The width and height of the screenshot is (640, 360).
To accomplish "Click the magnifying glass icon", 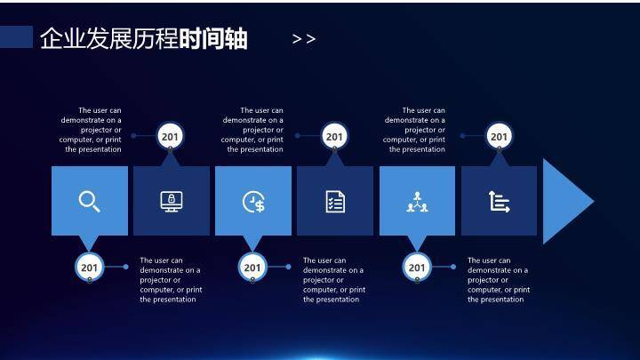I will [89, 201].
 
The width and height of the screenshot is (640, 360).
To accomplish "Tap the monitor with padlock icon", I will [172, 201].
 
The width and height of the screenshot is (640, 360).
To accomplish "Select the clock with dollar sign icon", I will [253, 202].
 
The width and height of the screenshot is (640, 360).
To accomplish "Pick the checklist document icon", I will [335, 201].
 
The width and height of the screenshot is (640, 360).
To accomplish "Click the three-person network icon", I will [417, 202].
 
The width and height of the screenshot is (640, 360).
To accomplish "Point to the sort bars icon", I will [500, 202].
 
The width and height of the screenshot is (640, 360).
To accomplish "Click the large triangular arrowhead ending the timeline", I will [565, 202].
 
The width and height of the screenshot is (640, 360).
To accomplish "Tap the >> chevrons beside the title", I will [304, 39].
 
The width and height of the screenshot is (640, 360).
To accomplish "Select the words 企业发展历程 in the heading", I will [108, 39].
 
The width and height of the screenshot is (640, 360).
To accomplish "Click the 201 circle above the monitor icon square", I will [171, 136].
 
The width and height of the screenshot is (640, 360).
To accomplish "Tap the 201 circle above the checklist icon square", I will [334, 136].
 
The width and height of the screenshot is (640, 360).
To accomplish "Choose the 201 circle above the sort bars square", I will [500, 136].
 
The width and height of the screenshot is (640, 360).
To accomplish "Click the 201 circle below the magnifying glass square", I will [89, 267].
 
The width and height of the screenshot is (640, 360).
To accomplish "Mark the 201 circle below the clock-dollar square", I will [252, 267].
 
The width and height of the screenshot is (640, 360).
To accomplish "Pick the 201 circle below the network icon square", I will [417, 267].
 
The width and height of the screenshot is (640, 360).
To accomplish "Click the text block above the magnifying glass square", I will [92, 130].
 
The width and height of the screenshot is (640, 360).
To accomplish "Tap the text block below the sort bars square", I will [498, 280].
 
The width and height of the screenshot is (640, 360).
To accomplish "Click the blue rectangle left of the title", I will [16, 36].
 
